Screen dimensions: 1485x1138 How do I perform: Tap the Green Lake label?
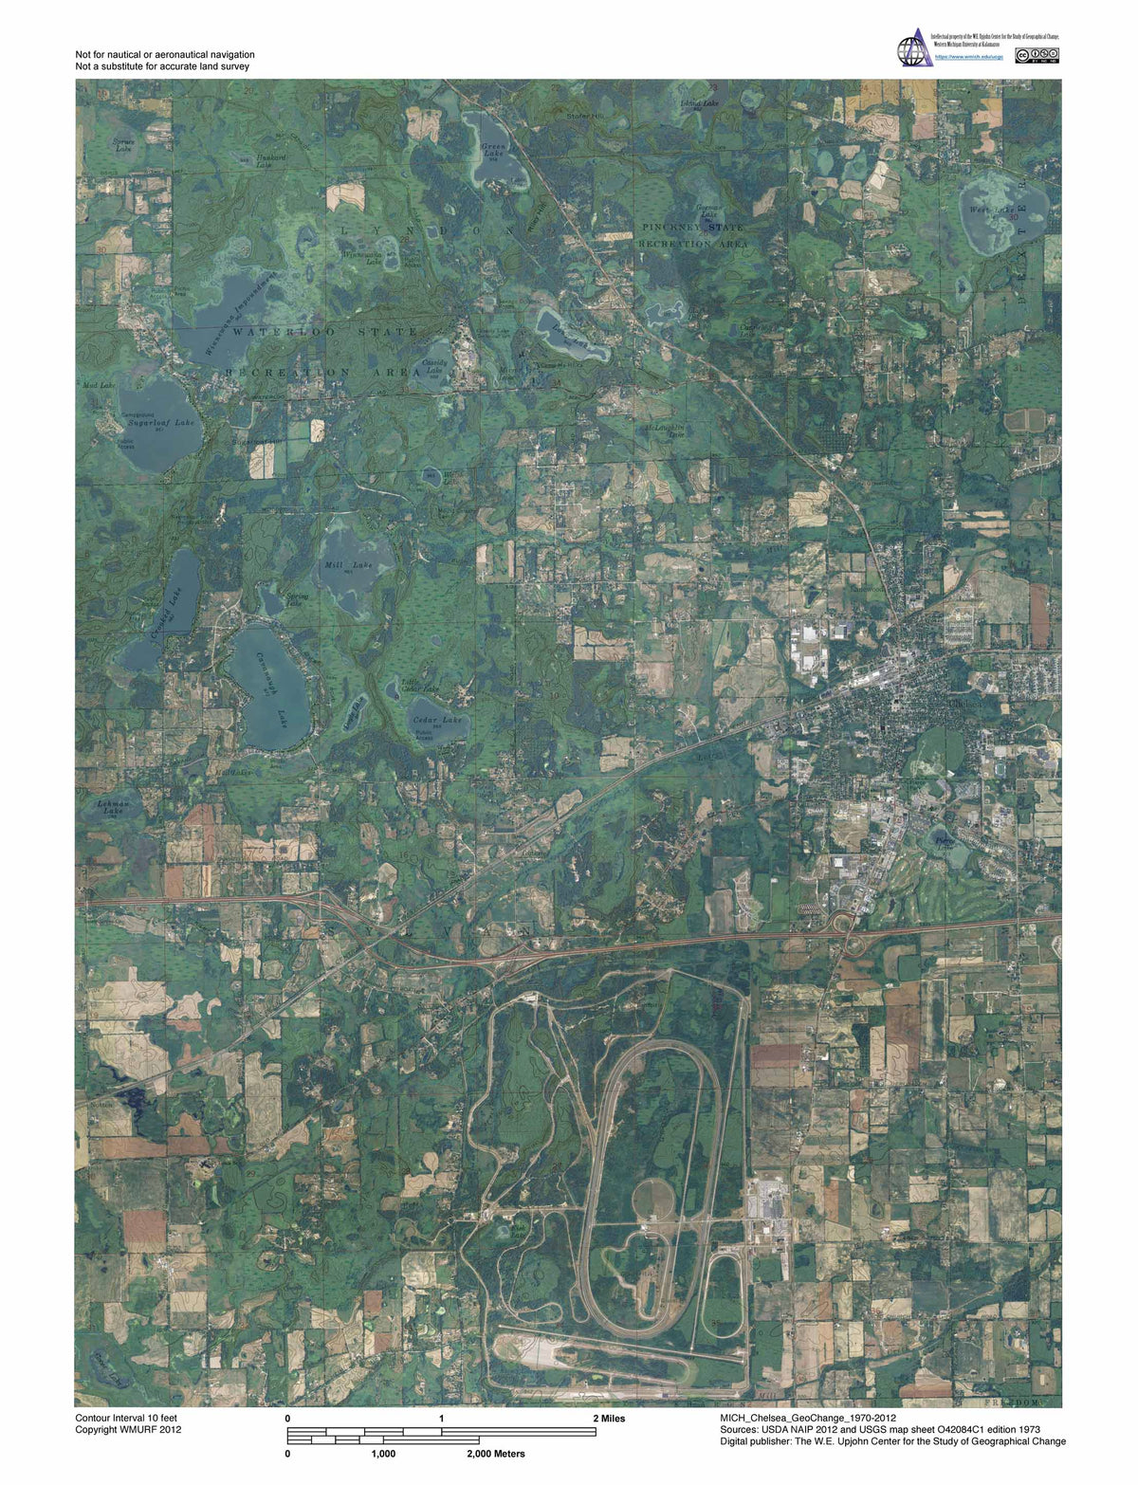pos(494,152)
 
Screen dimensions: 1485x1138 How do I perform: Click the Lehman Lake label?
pos(112,807)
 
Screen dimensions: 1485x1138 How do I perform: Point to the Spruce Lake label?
pos(124,145)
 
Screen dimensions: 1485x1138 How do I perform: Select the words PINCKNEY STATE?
pos(692,228)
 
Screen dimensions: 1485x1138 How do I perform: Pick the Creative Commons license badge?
pos(1037,55)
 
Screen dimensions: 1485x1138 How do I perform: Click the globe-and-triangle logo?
pos(914,46)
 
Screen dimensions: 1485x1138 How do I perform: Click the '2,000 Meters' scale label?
pos(495,1454)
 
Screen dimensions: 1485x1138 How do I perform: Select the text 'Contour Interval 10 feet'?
pos(126,1418)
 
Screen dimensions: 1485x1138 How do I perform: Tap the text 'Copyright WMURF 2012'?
pos(128,1429)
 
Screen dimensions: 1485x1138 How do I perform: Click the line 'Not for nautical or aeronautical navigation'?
pos(165,55)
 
